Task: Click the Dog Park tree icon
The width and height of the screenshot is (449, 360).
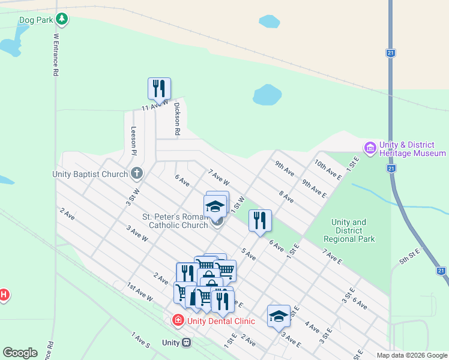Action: tap(61, 20)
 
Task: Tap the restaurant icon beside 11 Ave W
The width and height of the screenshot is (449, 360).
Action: tap(159, 88)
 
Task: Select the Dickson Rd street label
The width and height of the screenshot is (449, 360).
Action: tap(177, 118)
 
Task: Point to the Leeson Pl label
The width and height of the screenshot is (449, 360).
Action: tap(134, 140)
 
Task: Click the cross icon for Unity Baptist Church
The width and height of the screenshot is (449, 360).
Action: tap(137, 174)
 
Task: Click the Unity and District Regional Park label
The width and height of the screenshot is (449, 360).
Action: tap(349, 230)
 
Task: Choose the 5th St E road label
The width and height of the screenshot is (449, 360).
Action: tap(410, 259)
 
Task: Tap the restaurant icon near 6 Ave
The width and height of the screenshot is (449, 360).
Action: tap(260, 220)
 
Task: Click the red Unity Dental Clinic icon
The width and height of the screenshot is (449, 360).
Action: tap(178, 320)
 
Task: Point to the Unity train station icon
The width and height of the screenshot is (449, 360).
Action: tap(186, 343)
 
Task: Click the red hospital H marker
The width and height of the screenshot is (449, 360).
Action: tap(4, 295)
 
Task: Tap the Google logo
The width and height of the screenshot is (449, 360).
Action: tap(20, 353)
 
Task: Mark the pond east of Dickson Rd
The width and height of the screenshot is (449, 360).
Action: tap(267, 95)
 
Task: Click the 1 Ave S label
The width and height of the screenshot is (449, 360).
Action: tap(140, 341)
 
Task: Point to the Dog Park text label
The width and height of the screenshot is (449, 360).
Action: tap(36, 20)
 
